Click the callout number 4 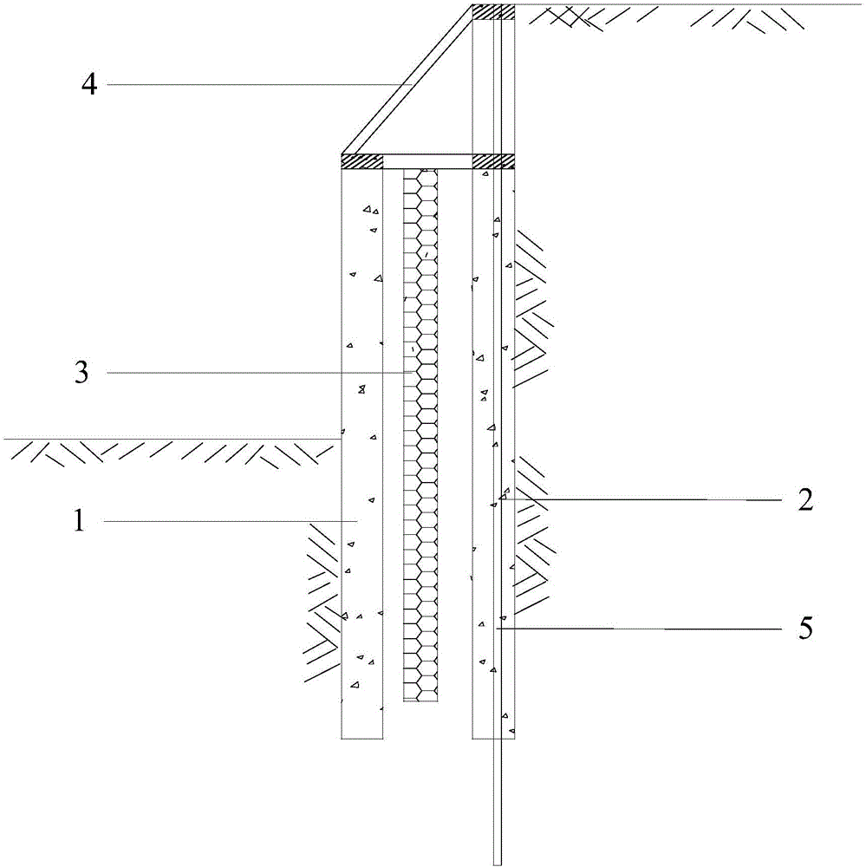click(x=89, y=85)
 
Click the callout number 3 click(x=81, y=372)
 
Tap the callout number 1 click(x=80, y=521)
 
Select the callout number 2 click(x=805, y=500)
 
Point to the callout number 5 click(x=805, y=629)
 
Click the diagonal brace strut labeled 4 click(x=407, y=80)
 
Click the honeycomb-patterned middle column click(x=420, y=435)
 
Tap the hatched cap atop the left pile click(x=362, y=161)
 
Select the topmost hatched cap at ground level click(x=493, y=11)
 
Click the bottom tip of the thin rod click(x=498, y=864)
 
